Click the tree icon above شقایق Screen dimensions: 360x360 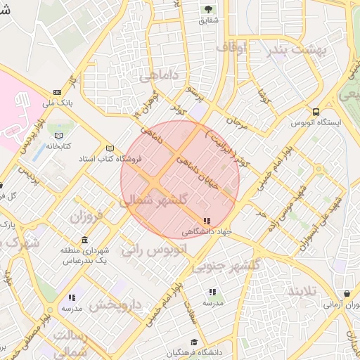208,9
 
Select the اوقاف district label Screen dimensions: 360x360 232,48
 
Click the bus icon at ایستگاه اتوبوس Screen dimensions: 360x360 316,112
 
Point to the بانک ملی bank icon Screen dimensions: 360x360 57,93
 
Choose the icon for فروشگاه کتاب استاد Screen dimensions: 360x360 109,148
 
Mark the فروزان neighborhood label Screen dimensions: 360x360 86,214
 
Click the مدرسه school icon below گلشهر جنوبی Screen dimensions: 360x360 212,292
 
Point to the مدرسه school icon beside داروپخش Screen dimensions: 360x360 72,297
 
